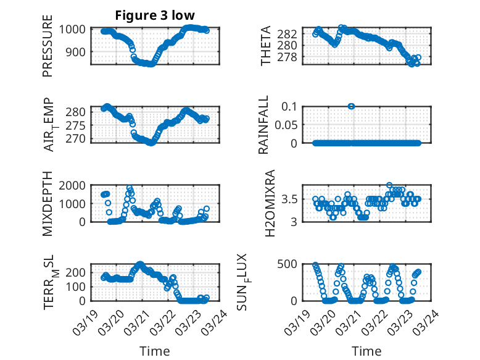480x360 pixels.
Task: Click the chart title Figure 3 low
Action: pos(151,15)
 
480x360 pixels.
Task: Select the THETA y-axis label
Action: pos(266,46)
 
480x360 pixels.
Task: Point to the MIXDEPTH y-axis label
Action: pos(48,203)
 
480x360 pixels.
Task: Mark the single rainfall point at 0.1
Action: pos(351,106)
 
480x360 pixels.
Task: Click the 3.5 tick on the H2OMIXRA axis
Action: pos(291,199)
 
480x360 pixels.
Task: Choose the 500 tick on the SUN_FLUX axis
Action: pos(292,264)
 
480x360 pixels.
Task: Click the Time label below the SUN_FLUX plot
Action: pos(366,351)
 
